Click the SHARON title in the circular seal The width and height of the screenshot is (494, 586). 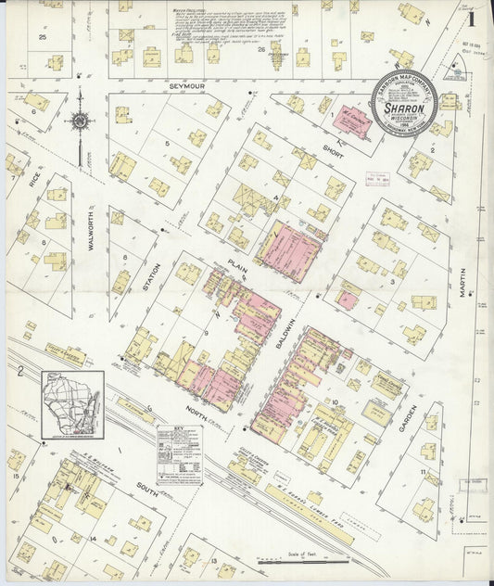(x=404, y=108)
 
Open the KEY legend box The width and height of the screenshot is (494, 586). (x=180, y=454)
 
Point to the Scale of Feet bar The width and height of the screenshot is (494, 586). (x=297, y=559)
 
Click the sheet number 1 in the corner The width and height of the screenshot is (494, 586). (x=472, y=19)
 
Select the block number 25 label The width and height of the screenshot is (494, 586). (x=44, y=37)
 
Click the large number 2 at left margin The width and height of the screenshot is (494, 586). (x=19, y=373)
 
